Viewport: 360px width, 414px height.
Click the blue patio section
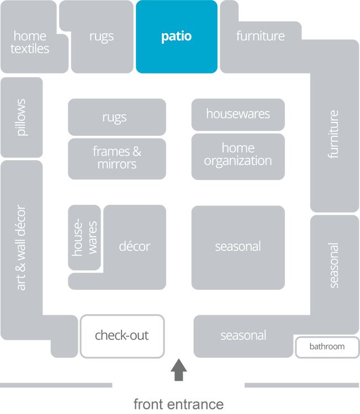176,37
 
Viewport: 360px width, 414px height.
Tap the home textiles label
30,43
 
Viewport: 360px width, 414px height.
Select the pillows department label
21,117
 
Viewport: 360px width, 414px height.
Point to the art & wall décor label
21,247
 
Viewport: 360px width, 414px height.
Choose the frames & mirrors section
117,158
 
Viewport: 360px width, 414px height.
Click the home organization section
238,155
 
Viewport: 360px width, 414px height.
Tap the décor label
135,246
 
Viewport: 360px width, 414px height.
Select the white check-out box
122,336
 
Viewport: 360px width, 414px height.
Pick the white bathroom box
327,347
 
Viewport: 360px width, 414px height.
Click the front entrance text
178,404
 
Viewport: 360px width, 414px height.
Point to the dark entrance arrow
178,370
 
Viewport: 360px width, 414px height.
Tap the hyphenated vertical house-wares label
84,238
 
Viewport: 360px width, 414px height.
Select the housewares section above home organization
238,114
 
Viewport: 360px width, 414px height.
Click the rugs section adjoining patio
102,37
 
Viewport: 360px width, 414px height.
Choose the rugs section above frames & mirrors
115,117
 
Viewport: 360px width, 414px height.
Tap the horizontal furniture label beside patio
261,36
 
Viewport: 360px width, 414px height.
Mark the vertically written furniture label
333,134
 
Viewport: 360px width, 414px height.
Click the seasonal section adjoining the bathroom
243,336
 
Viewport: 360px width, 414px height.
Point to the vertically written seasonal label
333,265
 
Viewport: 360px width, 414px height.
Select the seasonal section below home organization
238,246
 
